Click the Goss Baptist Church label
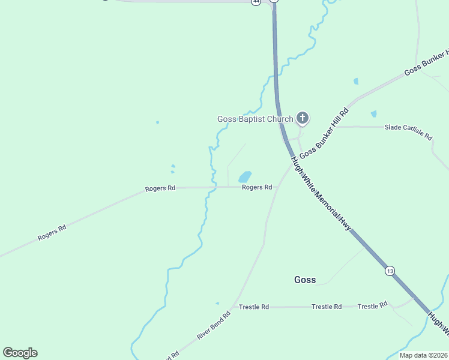pyautogui.click(x=255, y=119)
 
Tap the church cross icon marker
pyautogui.click(x=303, y=118)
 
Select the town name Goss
pyautogui.click(x=305, y=280)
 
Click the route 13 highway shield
pyautogui.click(x=390, y=271)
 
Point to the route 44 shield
pyautogui.click(x=256, y=2)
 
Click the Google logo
pyautogui.click(x=20, y=353)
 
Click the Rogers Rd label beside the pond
pyautogui.click(x=257, y=187)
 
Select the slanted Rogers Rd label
pyautogui.click(x=52, y=233)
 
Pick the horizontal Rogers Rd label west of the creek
pyautogui.click(x=160, y=188)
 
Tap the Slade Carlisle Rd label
pyautogui.click(x=408, y=131)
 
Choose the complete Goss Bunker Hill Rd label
pyautogui.click(x=324, y=133)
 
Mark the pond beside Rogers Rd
pyautogui.click(x=245, y=177)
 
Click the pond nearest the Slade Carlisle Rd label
pyautogui.click(x=374, y=113)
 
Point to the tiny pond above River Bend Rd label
pyautogui.click(x=217, y=304)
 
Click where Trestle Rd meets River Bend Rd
pyautogui.click(x=235, y=307)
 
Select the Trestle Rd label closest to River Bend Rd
pyautogui.click(x=253, y=307)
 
